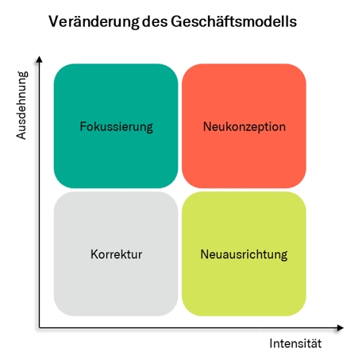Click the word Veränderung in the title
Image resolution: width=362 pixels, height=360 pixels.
tap(94, 21)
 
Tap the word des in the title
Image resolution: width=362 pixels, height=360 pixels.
tap(155, 21)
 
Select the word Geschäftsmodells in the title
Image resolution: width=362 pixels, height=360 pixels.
tap(233, 21)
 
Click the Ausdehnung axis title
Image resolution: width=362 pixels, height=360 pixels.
tap(21, 105)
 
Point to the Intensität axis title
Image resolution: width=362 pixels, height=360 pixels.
tap(295, 343)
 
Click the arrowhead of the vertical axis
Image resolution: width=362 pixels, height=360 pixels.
tap(39, 59)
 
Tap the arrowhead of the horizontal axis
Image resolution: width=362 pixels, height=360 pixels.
tap(341, 328)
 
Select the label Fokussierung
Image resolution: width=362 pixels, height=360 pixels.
tap(116, 126)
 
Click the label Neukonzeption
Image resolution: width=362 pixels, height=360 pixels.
tap(245, 126)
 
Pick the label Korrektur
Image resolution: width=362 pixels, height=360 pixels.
tap(116, 254)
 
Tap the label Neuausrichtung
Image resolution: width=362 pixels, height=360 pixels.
tap(244, 254)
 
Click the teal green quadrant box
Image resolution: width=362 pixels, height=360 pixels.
tap(116, 126)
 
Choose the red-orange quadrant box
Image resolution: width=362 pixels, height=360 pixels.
tap(244, 126)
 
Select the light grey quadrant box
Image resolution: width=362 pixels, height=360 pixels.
tap(116, 254)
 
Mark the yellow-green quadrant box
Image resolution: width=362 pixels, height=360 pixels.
tap(244, 254)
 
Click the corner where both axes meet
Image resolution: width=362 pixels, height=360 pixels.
tap(39, 328)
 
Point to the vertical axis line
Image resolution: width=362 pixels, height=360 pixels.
tap(39, 192)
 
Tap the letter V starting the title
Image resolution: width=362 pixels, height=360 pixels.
tap(54, 21)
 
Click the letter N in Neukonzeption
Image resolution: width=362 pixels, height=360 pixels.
tap(207, 126)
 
